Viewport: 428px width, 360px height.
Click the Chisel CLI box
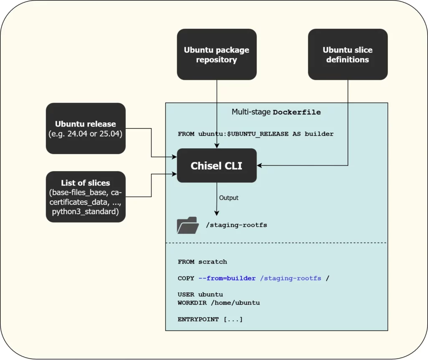[x=217, y=165]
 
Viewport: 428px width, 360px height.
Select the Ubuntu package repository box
[x=217, y=54]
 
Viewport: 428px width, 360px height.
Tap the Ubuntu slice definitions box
[x=347, y=54]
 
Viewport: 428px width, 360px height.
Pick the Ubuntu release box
[x=85, y=128]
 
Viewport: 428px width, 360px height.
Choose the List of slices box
[x=85, y=196]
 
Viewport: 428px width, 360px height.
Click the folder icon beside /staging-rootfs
[x=188, y=225]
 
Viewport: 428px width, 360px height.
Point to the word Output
[x=229, y=198]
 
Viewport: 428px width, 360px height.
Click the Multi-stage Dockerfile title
[x=276, y=112]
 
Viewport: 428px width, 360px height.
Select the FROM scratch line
[x=202, y=262]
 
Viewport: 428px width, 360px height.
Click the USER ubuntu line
[x=200, y=294]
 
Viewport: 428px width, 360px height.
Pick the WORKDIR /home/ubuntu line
[x=219, y=302]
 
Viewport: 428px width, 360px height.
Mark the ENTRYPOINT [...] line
[x=210, y=319]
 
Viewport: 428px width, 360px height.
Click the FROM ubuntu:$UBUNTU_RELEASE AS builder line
[x=255, y=134]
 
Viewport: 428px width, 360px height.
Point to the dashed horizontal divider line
[x=276, y=243]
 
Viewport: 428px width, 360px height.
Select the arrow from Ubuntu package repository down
[x=217, y=113]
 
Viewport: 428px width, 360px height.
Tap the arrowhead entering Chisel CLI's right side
[x=260, y=165]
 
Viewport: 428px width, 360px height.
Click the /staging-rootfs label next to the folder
[x=236, y=225]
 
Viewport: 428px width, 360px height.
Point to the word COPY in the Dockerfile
[x=186, y=278]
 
